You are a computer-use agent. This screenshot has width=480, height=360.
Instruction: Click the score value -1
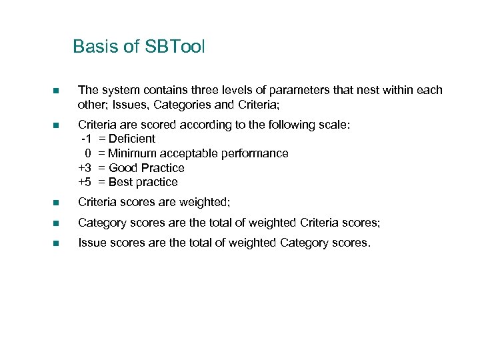coord(86,139)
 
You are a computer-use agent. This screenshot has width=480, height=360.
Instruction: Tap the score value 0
coord(88,153)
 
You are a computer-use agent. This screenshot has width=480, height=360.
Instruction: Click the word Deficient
coord(131,139)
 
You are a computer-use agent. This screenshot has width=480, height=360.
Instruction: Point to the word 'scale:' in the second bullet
coord(331,124)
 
